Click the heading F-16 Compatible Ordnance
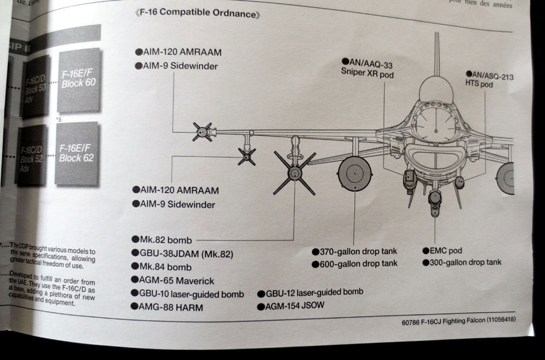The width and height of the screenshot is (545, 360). pyautogui.click(x=198, y=14)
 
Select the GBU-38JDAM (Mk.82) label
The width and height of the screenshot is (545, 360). pyautogui.click(x=187, y=253)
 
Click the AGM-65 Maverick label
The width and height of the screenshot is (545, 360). pyautogui.click(x=176, y=280)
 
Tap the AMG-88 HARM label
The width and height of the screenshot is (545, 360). pyautogui.click(x=170, y=307)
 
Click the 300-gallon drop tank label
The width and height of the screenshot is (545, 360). pyautogui.click(x=466, y=262)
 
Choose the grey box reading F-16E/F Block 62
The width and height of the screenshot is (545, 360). pyautogui.click(x=77, y=153)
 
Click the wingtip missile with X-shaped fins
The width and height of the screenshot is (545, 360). pyautogui.click(x=202, y=132)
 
